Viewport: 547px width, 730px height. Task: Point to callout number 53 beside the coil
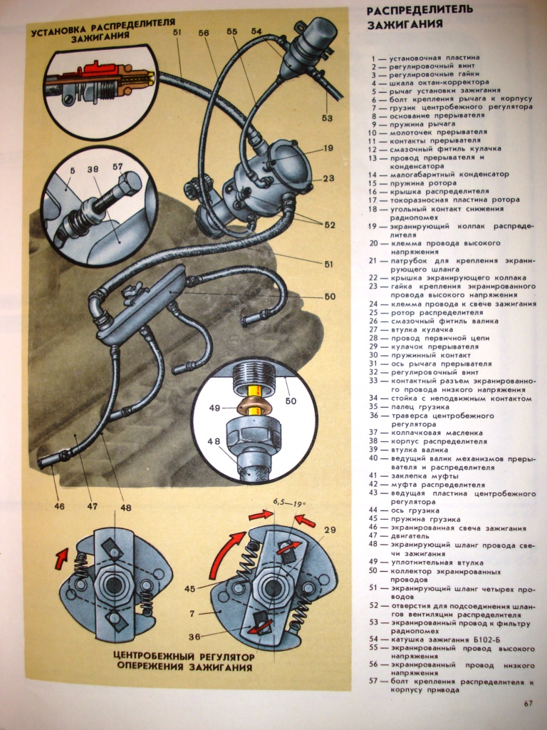coord(326,118)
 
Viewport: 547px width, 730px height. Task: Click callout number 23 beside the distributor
coord(328,178)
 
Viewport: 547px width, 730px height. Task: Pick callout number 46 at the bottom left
coord(59,507)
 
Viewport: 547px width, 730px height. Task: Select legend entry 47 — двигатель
coord(413,534)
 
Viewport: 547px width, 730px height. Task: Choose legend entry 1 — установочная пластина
coord(428,57)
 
